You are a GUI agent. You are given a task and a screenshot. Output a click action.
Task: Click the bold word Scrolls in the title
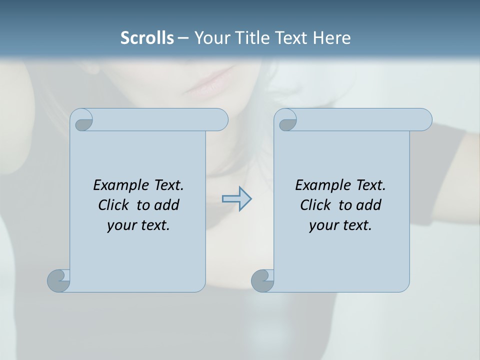point(147,38)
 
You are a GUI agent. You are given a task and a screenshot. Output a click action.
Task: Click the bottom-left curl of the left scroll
point(58,280)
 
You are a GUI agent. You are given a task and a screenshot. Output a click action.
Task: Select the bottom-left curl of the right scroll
point(262,280)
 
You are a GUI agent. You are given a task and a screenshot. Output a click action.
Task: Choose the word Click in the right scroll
point(315,205)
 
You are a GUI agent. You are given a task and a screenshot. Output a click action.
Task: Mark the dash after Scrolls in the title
point(183,38)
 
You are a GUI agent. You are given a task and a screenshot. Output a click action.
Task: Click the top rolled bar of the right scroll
point(360,119)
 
